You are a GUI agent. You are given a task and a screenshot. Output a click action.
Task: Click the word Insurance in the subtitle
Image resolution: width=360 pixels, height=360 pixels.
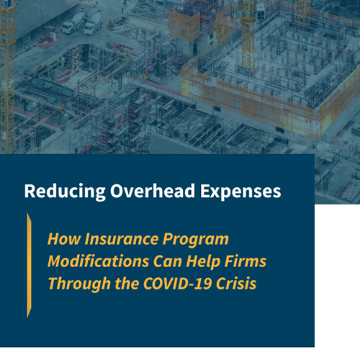116,239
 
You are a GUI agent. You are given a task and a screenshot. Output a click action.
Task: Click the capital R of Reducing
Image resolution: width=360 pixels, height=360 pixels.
29,192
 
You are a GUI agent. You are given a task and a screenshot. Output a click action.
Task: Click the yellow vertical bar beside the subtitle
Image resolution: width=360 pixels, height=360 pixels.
29,264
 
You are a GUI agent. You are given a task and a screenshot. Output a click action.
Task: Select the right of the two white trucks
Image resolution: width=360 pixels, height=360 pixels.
91,24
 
